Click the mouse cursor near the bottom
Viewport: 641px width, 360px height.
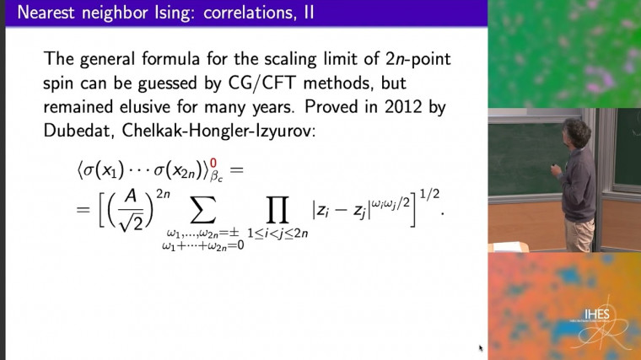pos(481,347)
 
